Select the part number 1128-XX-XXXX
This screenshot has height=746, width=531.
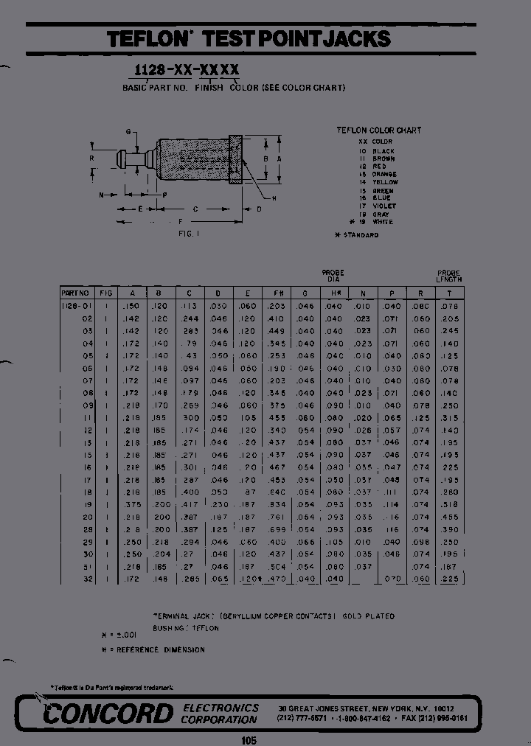pos(187,71)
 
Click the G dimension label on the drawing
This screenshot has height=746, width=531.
pos(128,131)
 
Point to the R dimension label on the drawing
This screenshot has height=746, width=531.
pos(92,157)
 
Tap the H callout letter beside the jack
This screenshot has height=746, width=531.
pos(273,198)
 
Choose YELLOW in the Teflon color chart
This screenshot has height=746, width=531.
pos(384,182)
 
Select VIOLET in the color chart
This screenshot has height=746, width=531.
pos(384,206)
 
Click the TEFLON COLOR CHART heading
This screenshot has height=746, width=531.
pos(379,130)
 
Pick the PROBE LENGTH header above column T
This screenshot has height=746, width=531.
pos(448,276)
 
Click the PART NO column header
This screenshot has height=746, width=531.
pos(75,292)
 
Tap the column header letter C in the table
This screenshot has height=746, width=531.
pos(189,292)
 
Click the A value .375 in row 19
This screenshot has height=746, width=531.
pos(132,504)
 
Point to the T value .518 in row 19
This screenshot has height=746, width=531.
pos(450,504)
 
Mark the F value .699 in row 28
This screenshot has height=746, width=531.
pos(276,529)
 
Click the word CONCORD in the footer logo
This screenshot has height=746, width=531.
pos(107,713)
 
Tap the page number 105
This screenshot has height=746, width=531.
pos(249,740)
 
